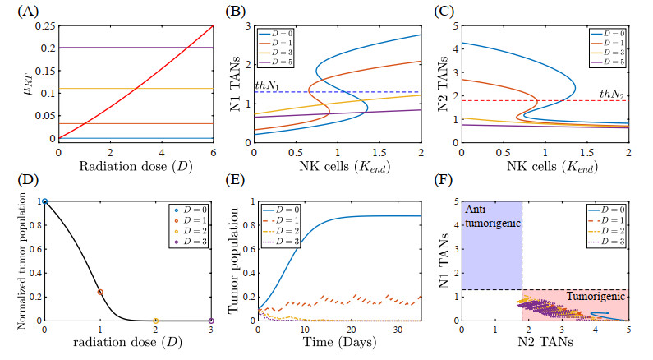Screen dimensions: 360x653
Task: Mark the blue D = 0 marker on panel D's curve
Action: (45, 201)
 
